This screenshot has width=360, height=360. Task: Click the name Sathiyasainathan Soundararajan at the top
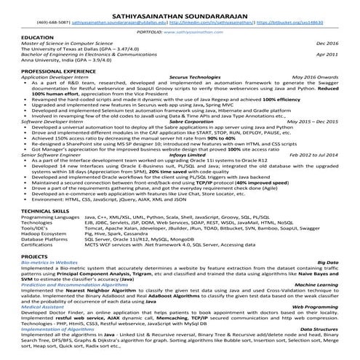tap(179, 12)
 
